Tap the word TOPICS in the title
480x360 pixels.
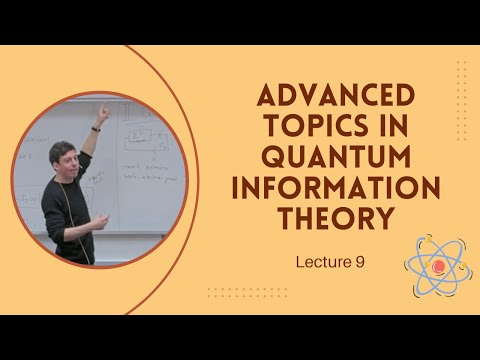(x=293, y=129)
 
